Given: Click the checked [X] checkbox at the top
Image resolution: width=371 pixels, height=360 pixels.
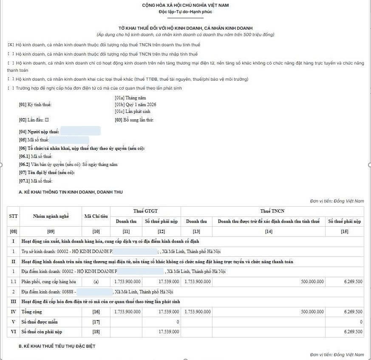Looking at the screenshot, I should coord(11,45).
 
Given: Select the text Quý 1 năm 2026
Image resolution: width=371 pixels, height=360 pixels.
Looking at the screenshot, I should coord(136,104).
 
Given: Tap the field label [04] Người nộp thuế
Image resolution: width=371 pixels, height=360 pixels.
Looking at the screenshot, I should coord(39,132).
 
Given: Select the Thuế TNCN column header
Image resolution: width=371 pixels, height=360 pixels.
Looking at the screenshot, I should coord(272,211).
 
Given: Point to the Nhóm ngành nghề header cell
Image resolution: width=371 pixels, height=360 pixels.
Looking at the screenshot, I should coord(51,216).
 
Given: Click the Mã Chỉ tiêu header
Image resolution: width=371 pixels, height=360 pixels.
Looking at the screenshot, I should coord(96,216).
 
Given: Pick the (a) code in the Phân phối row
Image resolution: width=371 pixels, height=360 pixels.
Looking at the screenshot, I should coord(96,281).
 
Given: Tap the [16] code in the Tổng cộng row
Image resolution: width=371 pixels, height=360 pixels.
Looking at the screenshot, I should coord(96,312).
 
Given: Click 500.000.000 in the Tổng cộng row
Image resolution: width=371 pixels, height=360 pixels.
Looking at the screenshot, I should coord(312,312).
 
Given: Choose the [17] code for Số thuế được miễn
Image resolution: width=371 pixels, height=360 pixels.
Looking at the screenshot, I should coord(96,322).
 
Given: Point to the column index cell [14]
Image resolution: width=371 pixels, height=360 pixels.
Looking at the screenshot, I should coord(269,231).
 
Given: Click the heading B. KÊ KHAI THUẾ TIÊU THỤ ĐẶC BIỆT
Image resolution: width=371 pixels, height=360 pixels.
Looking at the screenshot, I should coord(57,346).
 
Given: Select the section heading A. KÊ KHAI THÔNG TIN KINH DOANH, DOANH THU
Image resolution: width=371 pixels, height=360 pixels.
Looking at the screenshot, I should coord(71,192).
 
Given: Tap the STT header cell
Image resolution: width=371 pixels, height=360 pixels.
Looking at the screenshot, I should coord(13,216).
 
